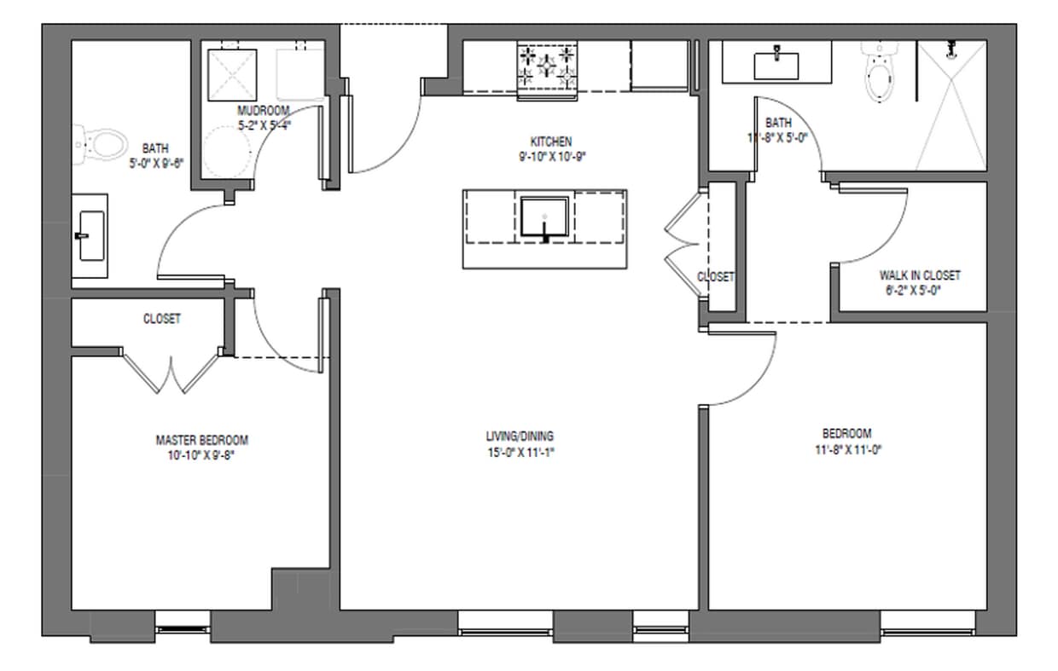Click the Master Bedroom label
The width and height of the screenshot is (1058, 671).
point(201,440)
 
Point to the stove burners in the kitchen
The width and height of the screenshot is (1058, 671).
point(547,67)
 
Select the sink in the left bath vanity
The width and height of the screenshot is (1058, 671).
point(89,235)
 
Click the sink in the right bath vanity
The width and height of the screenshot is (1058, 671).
point(776,63)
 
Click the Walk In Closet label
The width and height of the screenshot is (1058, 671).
point(919,275)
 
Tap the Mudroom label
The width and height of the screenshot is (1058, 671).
point(263,111)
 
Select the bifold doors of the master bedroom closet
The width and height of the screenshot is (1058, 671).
point(173,373)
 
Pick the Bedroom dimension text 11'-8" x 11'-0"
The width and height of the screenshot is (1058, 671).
point(847,448)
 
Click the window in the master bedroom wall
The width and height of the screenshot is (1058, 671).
point(182,629)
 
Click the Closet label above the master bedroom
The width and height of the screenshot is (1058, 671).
point(161,319)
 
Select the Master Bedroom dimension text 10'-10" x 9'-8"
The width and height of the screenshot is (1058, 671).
point(201,455)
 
